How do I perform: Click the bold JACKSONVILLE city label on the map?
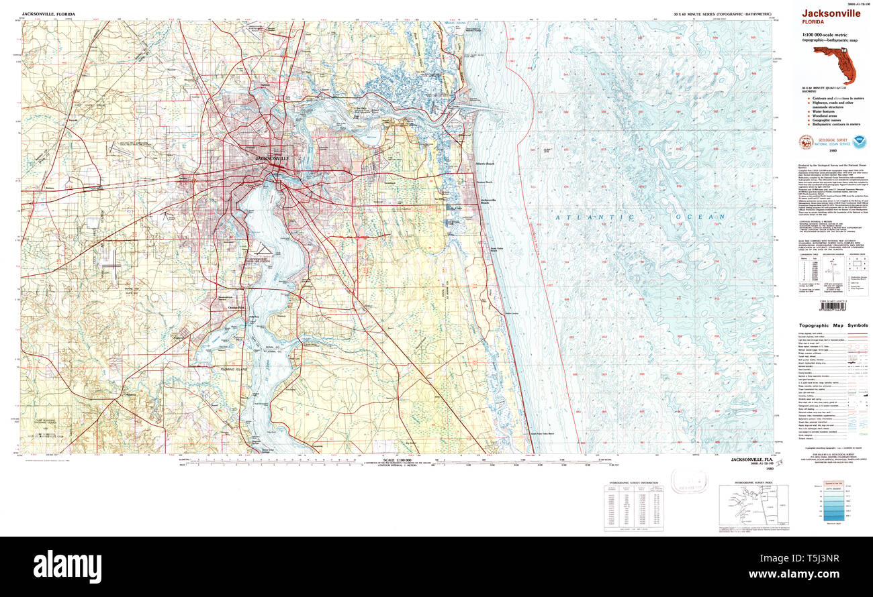coord(273,158)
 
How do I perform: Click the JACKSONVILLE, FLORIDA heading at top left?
coord(48,13)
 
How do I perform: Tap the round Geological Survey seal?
coord(805,142)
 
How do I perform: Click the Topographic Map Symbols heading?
coord(829,325)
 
